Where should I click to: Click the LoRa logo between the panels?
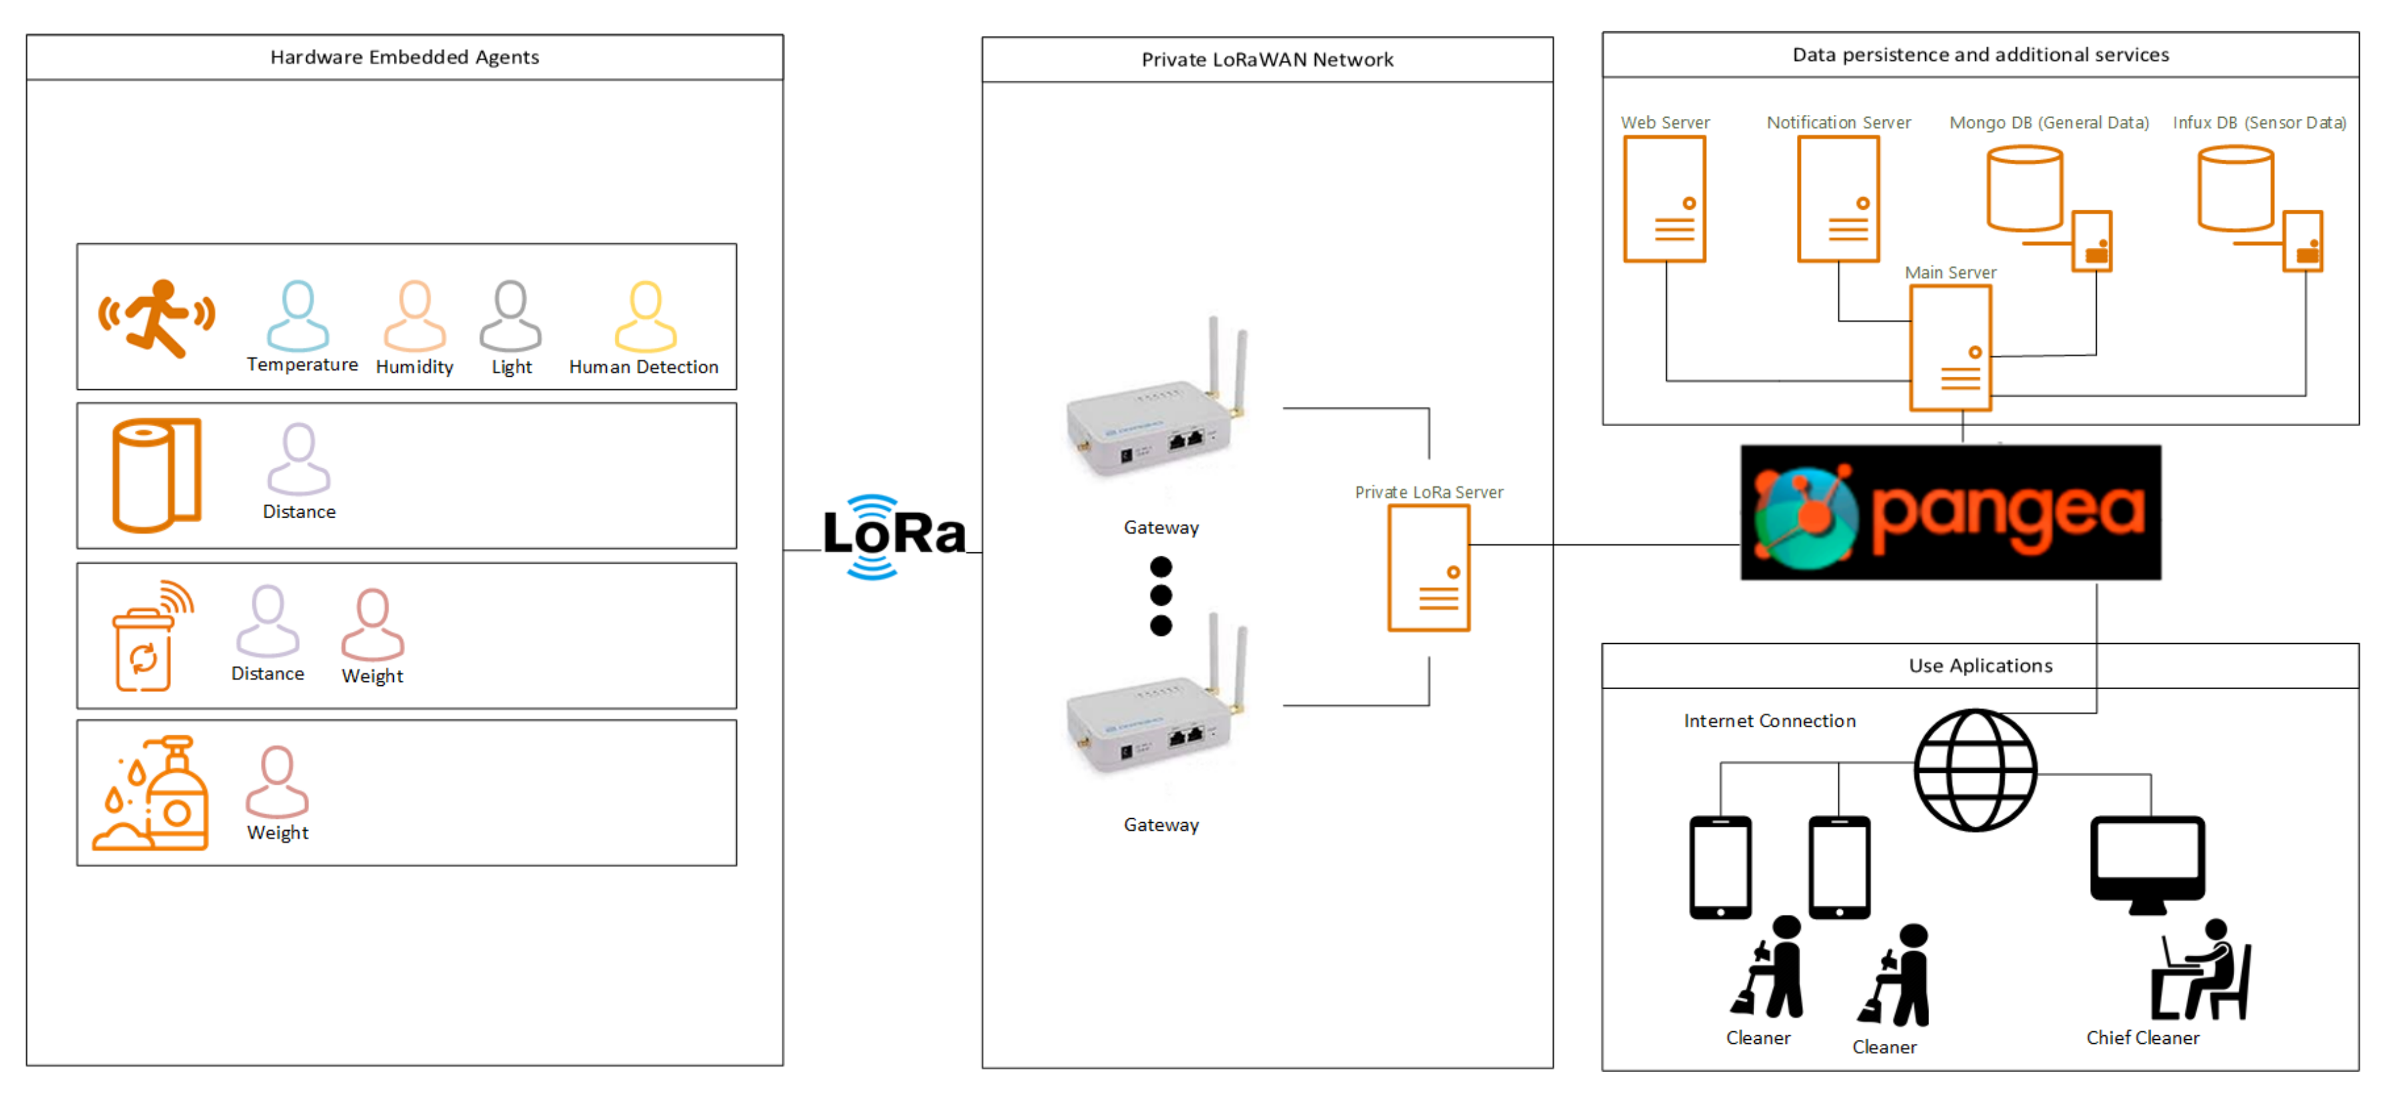click(x=892, y=536)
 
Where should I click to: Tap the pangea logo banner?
click(x=1950, y=512)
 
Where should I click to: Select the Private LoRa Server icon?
click(x=1428, y=568)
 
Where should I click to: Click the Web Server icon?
click(x=1664, y=199)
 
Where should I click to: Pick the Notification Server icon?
click(x=1838, y=199)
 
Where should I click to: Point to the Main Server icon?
click(x=1950, y=347)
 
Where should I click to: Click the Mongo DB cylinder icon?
click(x=2024, y=189)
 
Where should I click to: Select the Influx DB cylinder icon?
click(x=2235, y=189)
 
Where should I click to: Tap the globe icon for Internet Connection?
click(x=1975, y=770)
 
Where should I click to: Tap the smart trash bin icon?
click(x=148, y=639)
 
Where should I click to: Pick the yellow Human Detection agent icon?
click(x=645, y=316)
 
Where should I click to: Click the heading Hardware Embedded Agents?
click(x=405, y=57)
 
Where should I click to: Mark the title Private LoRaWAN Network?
click(x=1266, y=60)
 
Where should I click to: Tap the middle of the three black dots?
click(x=1160, y=594)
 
